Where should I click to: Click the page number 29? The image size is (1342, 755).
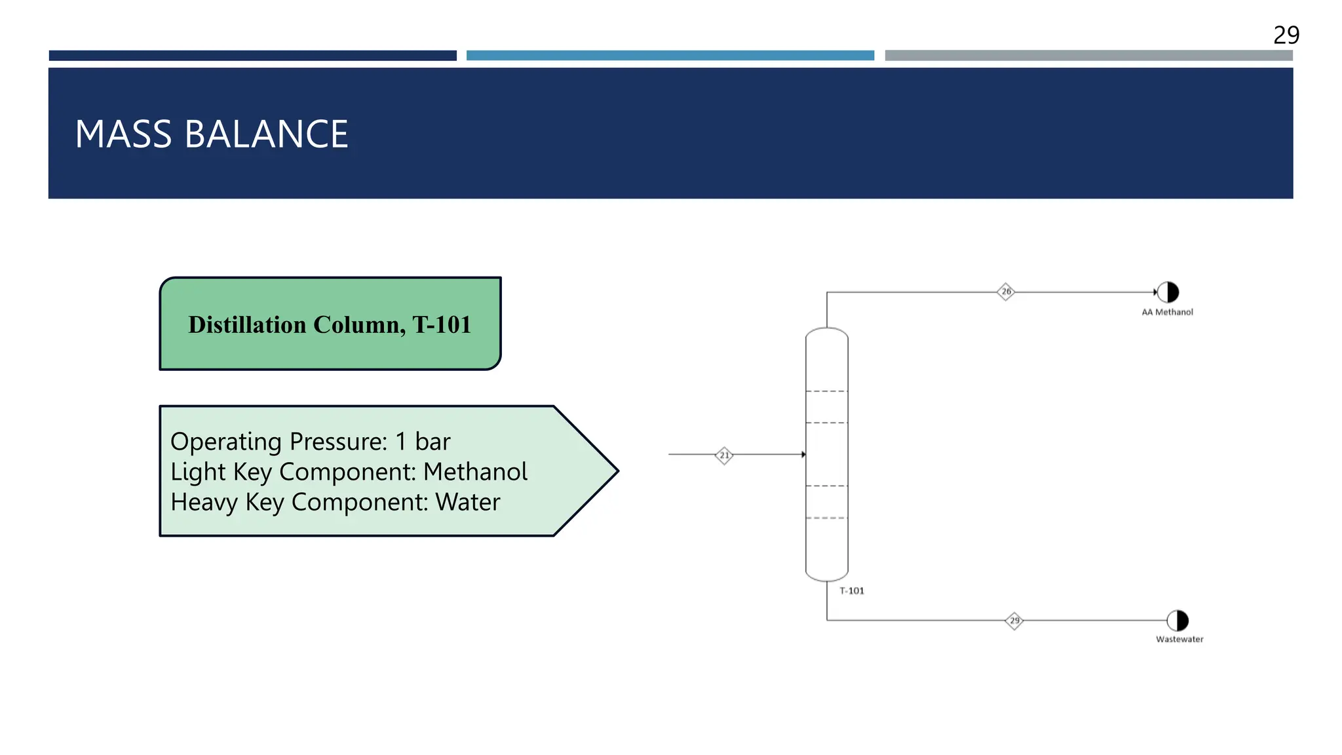pos(1286,35)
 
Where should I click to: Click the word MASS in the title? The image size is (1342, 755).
pos(124,134)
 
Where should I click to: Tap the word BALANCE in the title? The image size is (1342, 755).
pos(266,134)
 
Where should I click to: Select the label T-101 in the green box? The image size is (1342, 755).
pos(442,325)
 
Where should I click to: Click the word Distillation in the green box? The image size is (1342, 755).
pos(247,325)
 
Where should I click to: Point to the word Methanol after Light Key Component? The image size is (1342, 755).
pos(475,472)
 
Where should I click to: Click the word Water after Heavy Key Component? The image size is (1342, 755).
pos(467,502)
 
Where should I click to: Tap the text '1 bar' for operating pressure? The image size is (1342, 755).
pos(423,442)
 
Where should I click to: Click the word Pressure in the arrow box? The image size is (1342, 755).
pos(338,442)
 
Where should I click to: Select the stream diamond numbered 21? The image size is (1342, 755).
pos(724,455)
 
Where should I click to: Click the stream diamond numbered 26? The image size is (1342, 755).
pos(1006,292)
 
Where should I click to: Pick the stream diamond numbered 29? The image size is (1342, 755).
pos(1014,621)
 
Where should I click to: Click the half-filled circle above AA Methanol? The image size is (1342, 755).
pos(1168,292)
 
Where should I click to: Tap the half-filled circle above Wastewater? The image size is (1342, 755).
pos(1178,620)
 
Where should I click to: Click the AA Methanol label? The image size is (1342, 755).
pos(1167,313)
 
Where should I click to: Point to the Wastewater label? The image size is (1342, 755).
pos(1179,640)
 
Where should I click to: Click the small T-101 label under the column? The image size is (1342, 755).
pos(852,591)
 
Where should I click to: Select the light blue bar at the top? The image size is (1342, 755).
pos(670,56)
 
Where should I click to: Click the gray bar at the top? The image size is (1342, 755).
pos(1088,56)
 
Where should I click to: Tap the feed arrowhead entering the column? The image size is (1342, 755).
pos(803,454)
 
